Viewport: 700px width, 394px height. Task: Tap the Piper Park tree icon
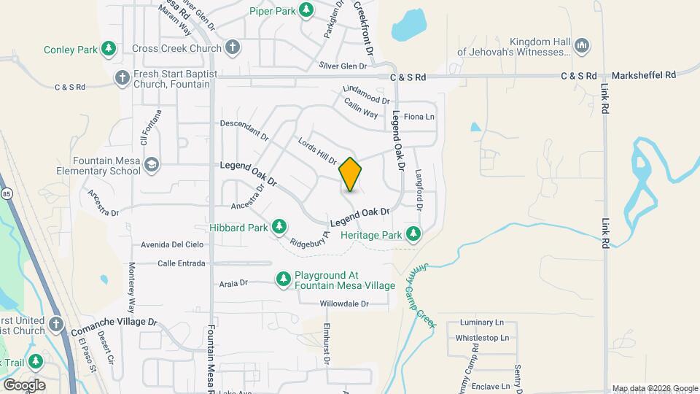point(307,9)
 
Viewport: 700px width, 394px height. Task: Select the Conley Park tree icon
point(109,49)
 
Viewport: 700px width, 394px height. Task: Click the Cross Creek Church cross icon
point(233,48)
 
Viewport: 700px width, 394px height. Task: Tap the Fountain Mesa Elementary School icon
point(152,165)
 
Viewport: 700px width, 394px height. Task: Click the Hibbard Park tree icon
point(279,228)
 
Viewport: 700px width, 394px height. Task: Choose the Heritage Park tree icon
point(414,234)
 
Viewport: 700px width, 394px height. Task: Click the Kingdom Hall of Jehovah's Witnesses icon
point(581,46)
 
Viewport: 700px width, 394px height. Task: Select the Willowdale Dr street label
point(344,304)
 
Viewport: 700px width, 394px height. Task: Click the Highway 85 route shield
point(7,194)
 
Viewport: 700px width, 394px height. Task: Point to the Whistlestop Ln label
point(481,338)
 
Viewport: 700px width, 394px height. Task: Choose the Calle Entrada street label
point(181,263)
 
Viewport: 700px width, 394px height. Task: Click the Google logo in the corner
point(23,385)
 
